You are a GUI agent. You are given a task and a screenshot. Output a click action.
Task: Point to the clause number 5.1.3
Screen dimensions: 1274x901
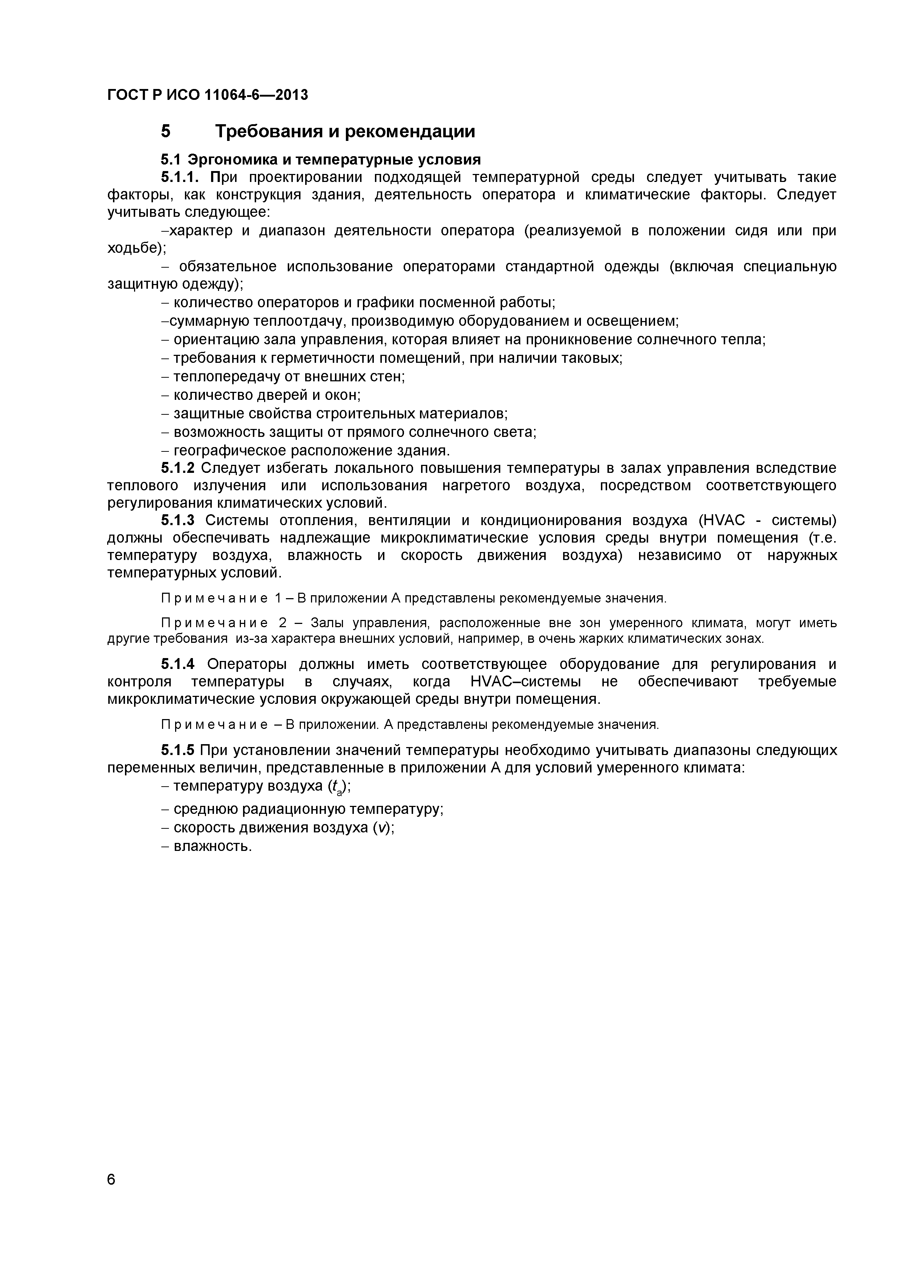178,520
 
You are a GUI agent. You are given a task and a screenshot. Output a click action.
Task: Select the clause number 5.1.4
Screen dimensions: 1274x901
178,664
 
